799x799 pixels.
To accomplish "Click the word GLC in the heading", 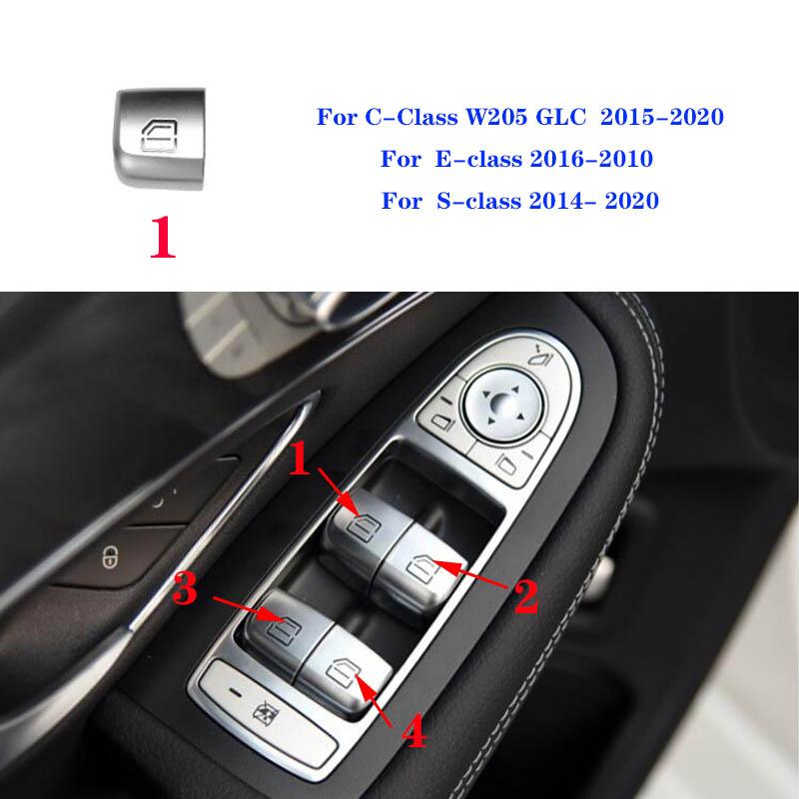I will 574,117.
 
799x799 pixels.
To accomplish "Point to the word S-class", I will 477,200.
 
